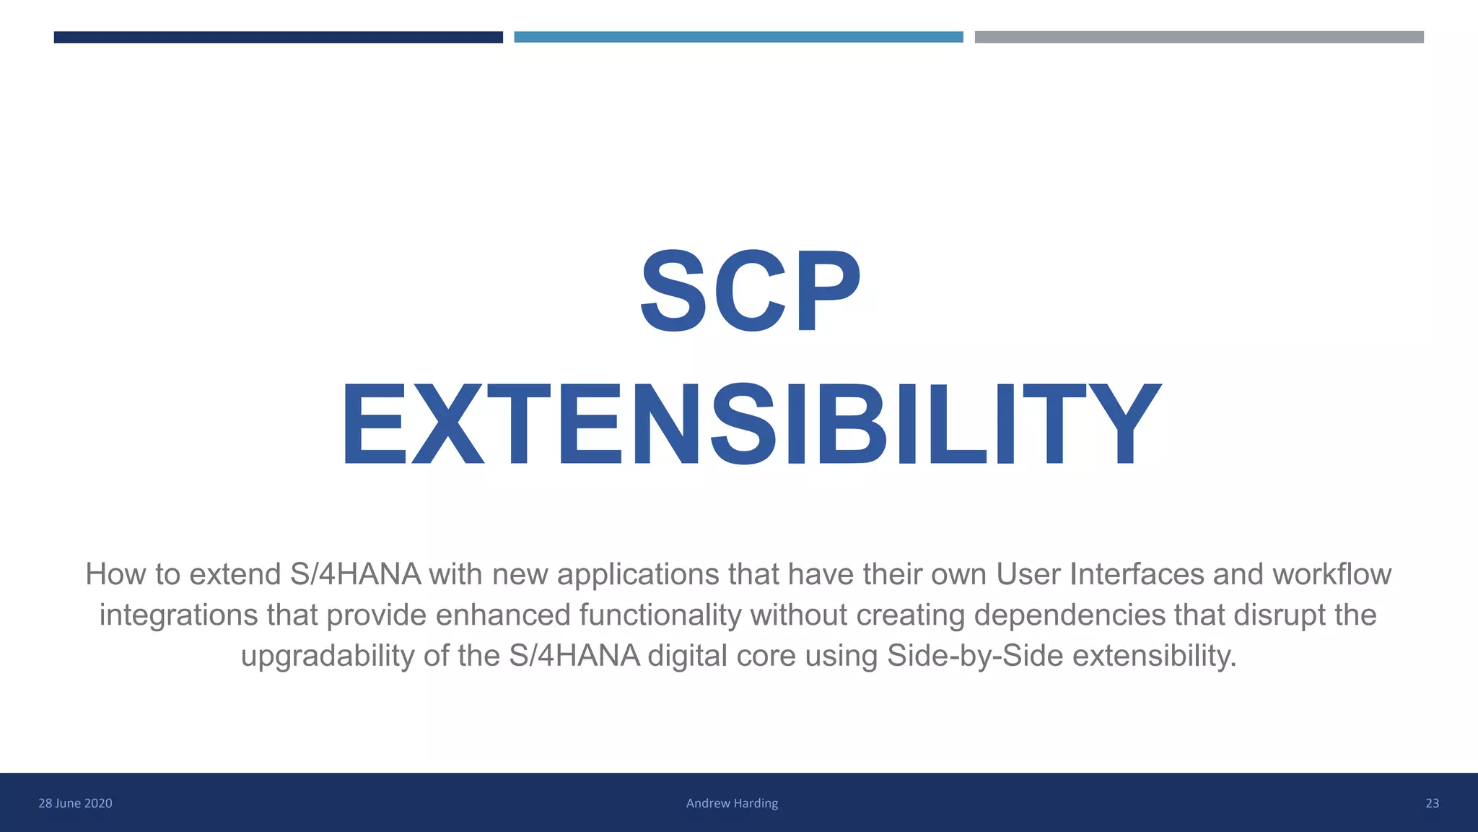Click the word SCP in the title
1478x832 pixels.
coord(750,291)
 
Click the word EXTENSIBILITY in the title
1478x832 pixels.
coord(750,425)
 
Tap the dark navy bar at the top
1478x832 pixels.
coord(278,37)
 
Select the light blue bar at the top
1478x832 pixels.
coord(738,37)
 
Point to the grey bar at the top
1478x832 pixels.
coord(1199,37)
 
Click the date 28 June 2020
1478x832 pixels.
coord(75,803)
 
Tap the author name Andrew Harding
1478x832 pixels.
coord(732,803)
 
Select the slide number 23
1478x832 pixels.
coord(1432,803)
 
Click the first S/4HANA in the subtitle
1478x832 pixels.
coord(355,575)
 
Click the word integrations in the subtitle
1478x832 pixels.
coord(178,615)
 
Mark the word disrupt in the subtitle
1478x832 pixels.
coord(1277,615)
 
